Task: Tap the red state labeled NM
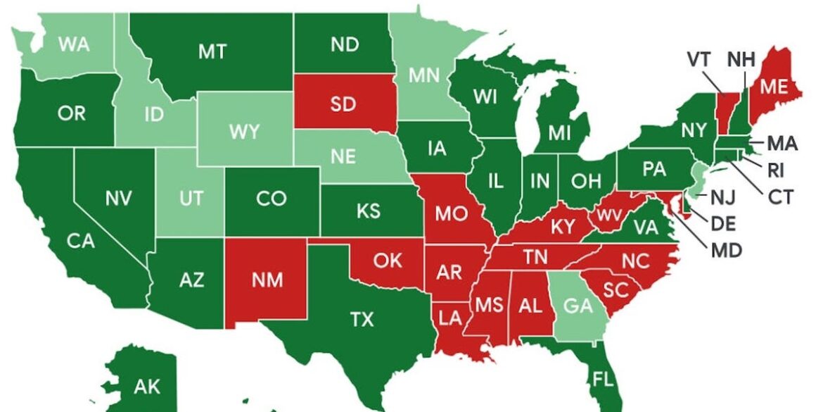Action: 267,280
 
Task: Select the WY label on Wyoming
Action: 245,132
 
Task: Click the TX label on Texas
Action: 362,320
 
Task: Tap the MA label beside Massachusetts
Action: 782,144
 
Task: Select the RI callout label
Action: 776,170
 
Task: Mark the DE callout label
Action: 724,223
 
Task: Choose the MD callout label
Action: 727,249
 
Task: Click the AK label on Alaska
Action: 147,387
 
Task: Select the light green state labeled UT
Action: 191,199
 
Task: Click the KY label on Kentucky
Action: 563,226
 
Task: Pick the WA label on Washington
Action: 73,44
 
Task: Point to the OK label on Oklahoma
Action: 388,261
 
